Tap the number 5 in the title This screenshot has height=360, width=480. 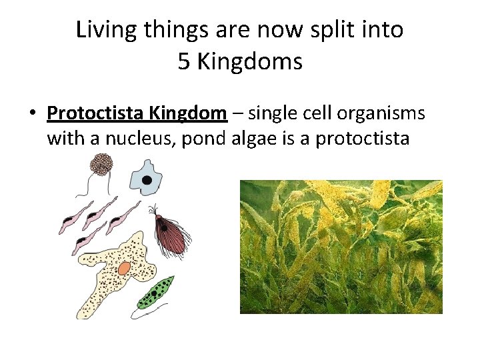pos(185,62)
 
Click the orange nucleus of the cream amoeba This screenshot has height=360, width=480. pos(124,268)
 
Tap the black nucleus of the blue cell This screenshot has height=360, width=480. pos(147,180)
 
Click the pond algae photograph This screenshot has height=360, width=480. pos(341,247)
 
